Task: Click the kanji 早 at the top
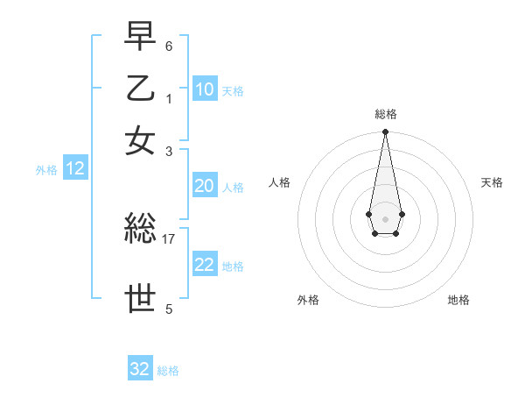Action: pos(141,38)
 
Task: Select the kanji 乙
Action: pos(141,89)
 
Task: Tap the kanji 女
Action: pos(141,141)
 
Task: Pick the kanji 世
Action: pos(141,298)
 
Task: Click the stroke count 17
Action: pos(169,238)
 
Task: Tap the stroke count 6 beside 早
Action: pos(169,46)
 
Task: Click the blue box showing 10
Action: pos(205,89)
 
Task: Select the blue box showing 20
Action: pos(205,186)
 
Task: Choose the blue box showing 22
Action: pos(205,266)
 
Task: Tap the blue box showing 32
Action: pos(140,369)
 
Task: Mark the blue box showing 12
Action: pos(75,169)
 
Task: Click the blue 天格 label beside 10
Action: pos(233,91)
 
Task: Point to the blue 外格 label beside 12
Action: pos(46,170)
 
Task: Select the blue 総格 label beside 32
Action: pos(169,371)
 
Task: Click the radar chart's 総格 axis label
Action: pos(386,114)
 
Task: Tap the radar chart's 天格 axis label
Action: pos(492,182)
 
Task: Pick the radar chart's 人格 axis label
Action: pos(280,182)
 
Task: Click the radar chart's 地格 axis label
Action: pos(458,300)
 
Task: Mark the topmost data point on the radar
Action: pos(385,132)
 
